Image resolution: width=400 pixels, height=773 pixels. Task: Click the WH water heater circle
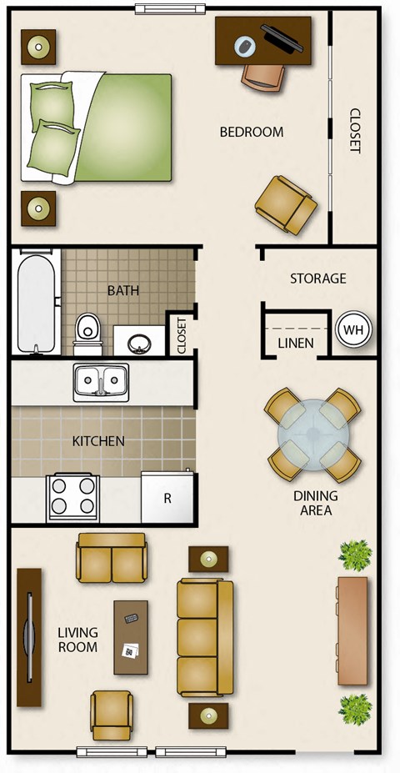click(x=354, y=329)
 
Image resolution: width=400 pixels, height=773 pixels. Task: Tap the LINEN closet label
click(x=295, y=343)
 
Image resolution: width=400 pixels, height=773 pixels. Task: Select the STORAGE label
click(x=317, y=279)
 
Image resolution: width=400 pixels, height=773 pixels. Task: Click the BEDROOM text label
click(x=251, y=132)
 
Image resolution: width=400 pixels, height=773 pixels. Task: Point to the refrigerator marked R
click(x=167, y=498)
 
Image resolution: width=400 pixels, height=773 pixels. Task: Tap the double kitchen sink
click(x=100, y=381)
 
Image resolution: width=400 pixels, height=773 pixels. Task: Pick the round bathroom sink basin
click(x=139, y=342)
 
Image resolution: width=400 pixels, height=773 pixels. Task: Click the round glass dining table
click(x=312, y=434)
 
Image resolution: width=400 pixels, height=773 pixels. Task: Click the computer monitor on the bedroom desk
click(x=282, y=38)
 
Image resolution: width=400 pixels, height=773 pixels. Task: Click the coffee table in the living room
click(x=131, y=637)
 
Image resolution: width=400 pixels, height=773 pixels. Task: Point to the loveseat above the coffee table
click(x=111, y=558)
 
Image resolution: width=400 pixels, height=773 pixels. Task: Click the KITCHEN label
click(x=98, y=441)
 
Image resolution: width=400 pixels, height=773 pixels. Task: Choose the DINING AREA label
click(x=315, y=503)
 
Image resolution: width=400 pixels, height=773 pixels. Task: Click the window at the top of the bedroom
click(x=170, y=9)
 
